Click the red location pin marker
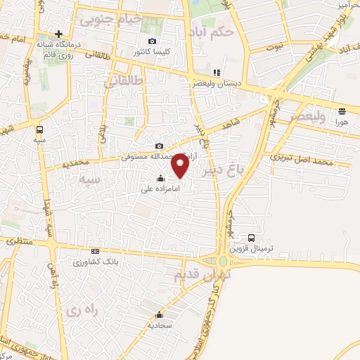coord(181,166)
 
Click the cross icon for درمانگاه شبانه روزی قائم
coord(58,34)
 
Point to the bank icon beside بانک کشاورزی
coord(96,252)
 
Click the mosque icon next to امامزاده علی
coord(161,178)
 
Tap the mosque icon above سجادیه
coord(160,314)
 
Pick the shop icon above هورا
coord(342,111)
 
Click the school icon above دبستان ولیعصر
coord(217,72)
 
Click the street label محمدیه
coord(56,165)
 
